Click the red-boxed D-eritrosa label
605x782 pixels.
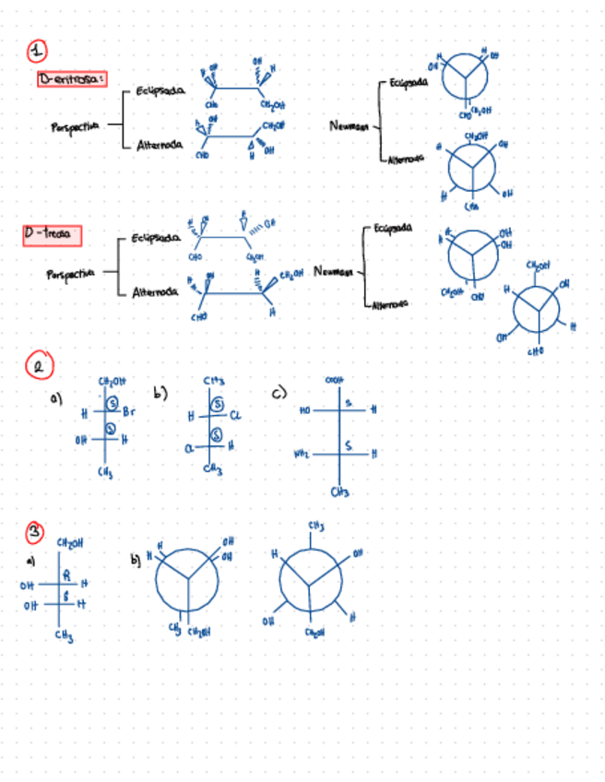[x=73, y=79]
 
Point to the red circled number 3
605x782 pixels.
[x=35, y=532]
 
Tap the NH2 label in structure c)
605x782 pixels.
[x=303, y=453]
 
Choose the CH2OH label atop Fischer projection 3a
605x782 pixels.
[x=70, y=542]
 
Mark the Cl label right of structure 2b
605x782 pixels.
[x=236, y=415]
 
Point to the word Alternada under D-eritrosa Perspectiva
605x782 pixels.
[x=159, y=145]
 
